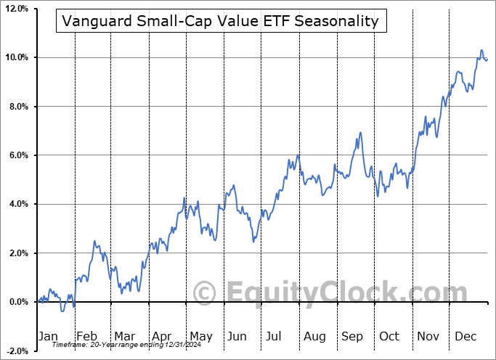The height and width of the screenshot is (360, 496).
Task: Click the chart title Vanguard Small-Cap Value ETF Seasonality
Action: (x=220, y=21)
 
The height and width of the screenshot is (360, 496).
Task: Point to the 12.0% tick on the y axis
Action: (x=15, y=9)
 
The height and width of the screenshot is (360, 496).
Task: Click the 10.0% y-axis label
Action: (x=15, y=57)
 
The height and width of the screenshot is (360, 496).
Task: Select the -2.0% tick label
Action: (x=16, y=351)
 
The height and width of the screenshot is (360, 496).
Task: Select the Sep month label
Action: (x=353, y=337)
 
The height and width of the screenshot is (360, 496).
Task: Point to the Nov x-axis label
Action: (x=428, y=337)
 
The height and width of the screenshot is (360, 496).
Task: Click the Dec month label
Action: (x=465, y=337)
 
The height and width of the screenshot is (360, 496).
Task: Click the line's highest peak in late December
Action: (x=481, y=50)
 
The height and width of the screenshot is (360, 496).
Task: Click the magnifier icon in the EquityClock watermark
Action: (x=205, y=292)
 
